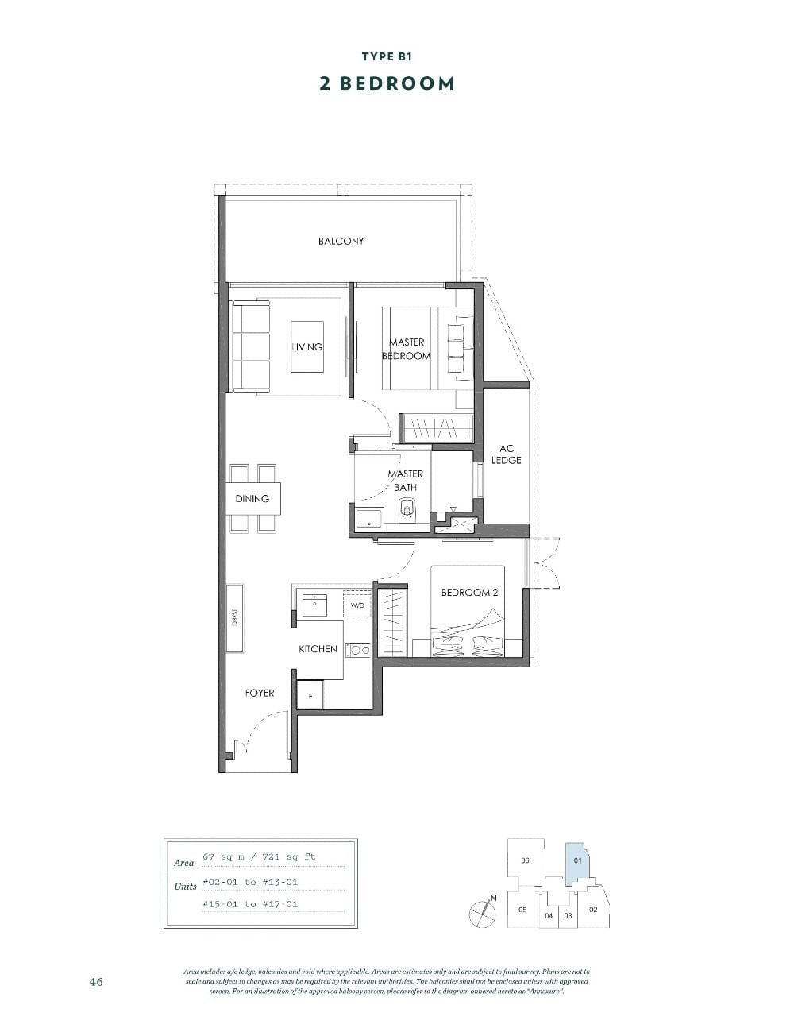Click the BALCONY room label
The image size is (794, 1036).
pyautogui.click(x=341, y=241)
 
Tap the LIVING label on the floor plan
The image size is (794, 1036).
pyautogui.click(x=306, y=346)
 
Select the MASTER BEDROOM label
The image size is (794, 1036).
pyautogui.click(x=407, y=349)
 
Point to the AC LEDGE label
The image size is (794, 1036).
pyautogui.click(x=507, y=454)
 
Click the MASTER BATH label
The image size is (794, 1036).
pyautogui.click(x=405, y=481)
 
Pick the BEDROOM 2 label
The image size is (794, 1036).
pyautogui.click(x=469, y=593)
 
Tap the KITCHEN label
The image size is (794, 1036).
pyautogui.click(x=318, y=649)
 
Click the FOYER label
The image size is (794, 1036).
pyautogui.click(x=260, y=693)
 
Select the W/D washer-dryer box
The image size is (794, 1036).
pyautogui.click(x=357, y=605)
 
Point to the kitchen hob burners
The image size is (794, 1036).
pyautogui.click(x=358, y=650)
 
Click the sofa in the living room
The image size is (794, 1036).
pyautogui.click(x=251, y=346)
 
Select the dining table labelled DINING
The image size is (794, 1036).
pyautogui.click(x=253, y=499)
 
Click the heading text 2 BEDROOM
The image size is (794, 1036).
pyautogui.click(x=387, y=83)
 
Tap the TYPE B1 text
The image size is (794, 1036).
pyautogui.click(x=387, y=56)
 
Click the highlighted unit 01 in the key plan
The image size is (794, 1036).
pyautogui.click(x=577, y=860)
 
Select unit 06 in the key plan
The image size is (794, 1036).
pyautogui.click(x=525, y=860)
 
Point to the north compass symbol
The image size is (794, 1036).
pyautogui.click(x=481, y=911)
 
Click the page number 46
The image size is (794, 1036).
pyautogui.click(x=96, y=981)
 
